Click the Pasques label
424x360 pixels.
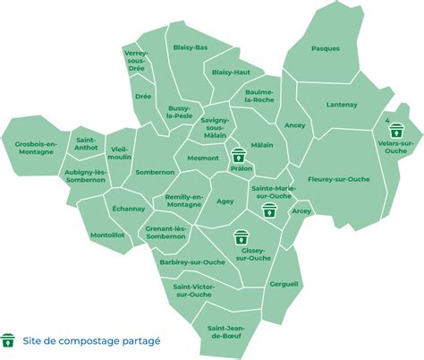pyautogui.click(x=326, y=48)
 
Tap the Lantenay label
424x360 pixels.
pyautogui.click(x=342, y=105)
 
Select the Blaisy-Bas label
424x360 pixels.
pyautogui.click(x=190, y=47)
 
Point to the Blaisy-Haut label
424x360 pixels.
pyautogui.click(x=231, y=72)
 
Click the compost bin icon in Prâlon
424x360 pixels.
pyautogui.click(x=239, y=154)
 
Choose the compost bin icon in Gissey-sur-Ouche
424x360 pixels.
pyautogui.click(x=241, y=238)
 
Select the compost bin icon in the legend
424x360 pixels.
pyautogui.click(x=9, y=340)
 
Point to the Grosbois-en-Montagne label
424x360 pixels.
pyautogui.click(x=36, y=147)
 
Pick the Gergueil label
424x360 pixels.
pyautogui.click(x=284, y=282)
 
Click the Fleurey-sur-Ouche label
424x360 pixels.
pyautogui.click(x=339, y=178)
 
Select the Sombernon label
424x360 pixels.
pyautogui.click(x=155, y=171)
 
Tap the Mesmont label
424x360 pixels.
pyautogui.click(x=202, y=158)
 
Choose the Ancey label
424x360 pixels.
pyautogui.click(x=294, y=125)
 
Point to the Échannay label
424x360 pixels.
pyautogui.click(x=129, y=209)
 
